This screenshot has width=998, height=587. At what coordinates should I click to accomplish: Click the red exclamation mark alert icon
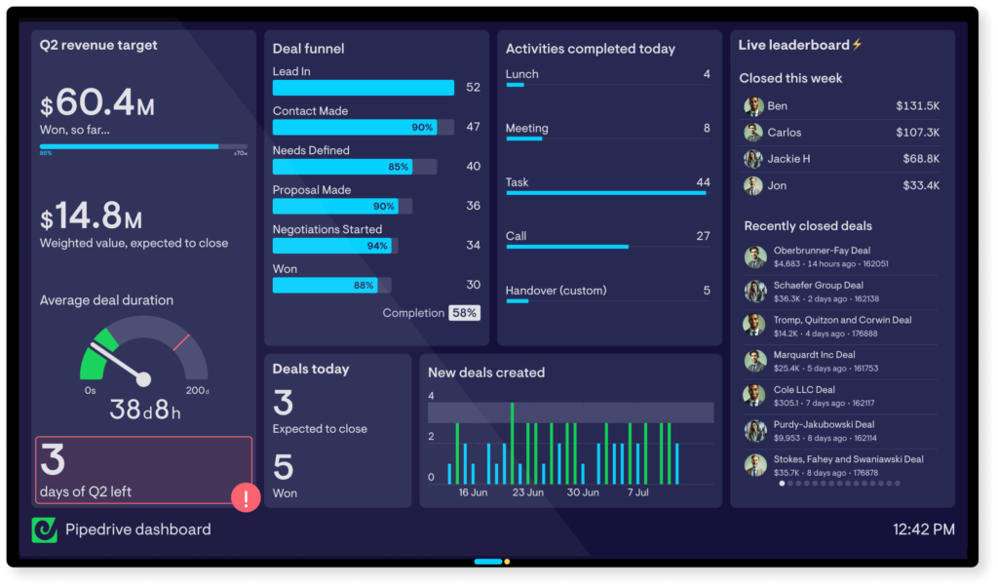coord(246,498)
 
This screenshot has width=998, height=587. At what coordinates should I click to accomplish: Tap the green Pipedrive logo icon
coord(45,529)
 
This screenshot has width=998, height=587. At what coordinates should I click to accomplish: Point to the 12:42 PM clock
coord(923,529)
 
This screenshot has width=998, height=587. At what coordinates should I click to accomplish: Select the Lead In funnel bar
coord(363,88)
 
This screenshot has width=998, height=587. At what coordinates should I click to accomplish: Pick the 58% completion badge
coord(464,313)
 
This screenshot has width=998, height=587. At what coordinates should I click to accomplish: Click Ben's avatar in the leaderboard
coord(753,106)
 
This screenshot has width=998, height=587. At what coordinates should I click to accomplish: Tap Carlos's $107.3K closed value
coord(917,133)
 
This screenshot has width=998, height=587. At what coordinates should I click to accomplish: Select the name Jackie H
coord(788,159)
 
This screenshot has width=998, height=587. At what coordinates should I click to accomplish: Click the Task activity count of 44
coord(703,182)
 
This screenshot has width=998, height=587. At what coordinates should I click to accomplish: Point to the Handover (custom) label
coord(556,291)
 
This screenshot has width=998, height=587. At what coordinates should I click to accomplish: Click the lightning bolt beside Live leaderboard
coord(858,45)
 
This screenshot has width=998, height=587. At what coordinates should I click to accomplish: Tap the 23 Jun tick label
coord(527,492)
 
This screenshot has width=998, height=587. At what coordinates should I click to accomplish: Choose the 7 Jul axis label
coord(637,492)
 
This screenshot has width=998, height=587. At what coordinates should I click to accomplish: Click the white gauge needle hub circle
coord(143,378)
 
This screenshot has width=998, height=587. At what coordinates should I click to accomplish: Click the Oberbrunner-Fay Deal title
coord(822,251)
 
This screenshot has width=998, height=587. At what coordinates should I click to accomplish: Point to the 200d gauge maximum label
coord(198,391)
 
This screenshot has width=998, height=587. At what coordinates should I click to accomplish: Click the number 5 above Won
coord(283,467)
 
